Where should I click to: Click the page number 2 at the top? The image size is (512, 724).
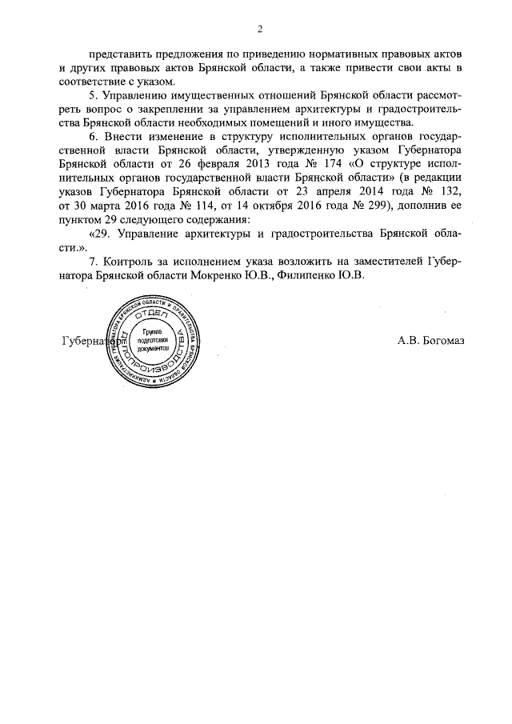tap(260, 30)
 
